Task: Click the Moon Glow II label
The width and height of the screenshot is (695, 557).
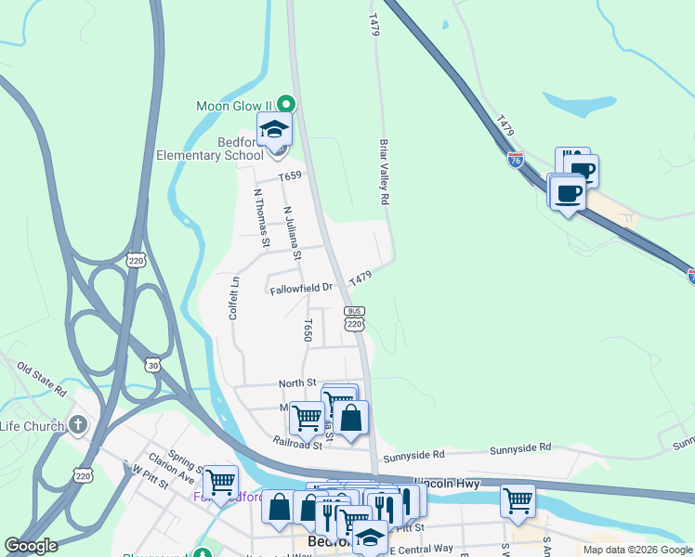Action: [x=237, y=106]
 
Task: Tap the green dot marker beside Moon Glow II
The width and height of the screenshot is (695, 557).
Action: [x=287, y=104]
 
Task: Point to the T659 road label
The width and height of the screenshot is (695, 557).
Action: [x=290, y=175]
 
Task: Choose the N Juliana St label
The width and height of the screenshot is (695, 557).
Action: [x=293, y=233]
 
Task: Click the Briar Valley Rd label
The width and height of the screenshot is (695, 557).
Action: [x=383, y=172]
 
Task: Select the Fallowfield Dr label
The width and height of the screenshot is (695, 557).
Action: [x=301, y=289]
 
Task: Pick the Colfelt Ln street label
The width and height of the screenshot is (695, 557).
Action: [x=234, y=298]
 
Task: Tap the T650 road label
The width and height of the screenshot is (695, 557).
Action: [x=308, y=330]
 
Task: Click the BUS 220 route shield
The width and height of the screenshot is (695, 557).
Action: [x=353, y=317]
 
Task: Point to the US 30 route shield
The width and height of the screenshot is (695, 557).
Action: [x=152, y=365]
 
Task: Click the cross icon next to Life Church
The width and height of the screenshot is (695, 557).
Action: [x=79, y=426]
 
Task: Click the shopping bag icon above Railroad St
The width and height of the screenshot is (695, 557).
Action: [x=352, y=417]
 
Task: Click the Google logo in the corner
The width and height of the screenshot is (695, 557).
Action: [x=32, y=546]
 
